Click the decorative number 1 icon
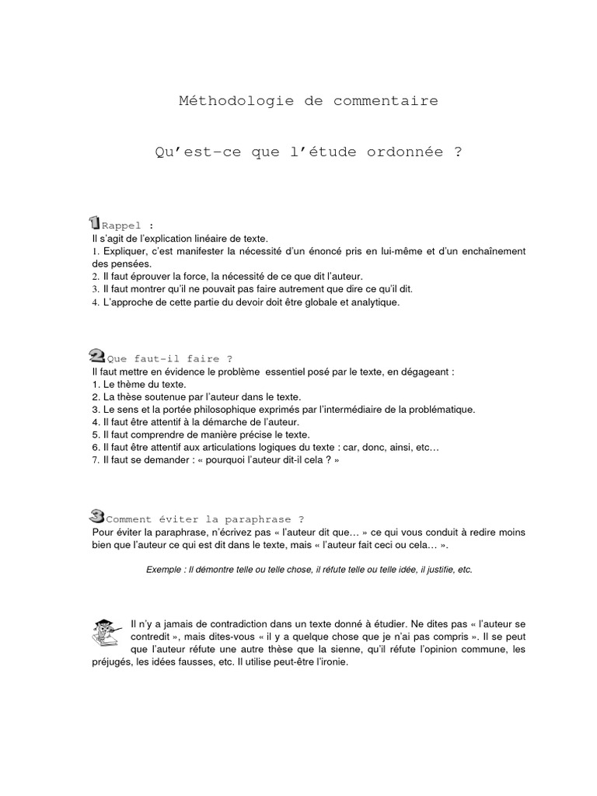click(x=94, y=222)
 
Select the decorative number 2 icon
click(x=98, y=356)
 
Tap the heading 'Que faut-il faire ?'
click(x=169, y=359)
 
